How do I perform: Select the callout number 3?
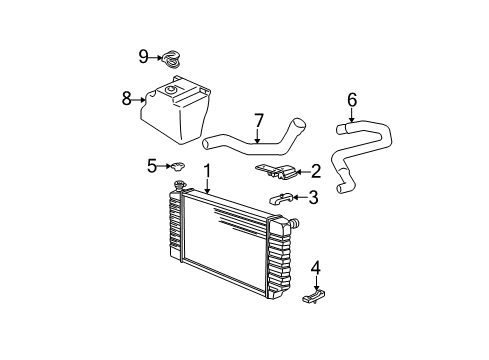point(313,197)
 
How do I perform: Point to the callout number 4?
point(316,267)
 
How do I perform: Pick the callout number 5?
point(152,165)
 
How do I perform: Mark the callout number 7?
point(258,120)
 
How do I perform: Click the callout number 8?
point(126,98)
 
